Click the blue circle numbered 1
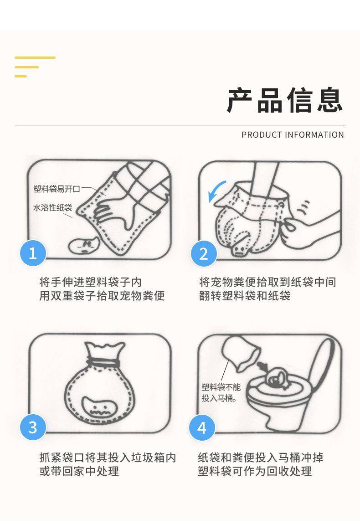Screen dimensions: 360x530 (33, 253)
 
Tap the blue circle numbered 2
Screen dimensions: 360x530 (204, 253)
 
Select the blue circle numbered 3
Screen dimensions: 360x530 (33, 427)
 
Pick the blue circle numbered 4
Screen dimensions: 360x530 (202, 427)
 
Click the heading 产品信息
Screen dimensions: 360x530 (285, 100)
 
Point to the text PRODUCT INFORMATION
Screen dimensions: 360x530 (293, 135)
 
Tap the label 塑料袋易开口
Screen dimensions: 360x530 (57, 189)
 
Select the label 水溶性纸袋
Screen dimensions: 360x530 (53, 207)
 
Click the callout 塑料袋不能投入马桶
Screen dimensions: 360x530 (221, 392)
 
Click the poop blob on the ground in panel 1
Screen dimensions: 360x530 (83, 245)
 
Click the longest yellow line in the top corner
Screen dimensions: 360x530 (35, 57)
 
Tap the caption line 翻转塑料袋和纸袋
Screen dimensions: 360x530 (245, 296)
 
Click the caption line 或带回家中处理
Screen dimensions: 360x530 (79, 471)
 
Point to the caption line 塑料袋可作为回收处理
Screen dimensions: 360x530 (255, 471)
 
